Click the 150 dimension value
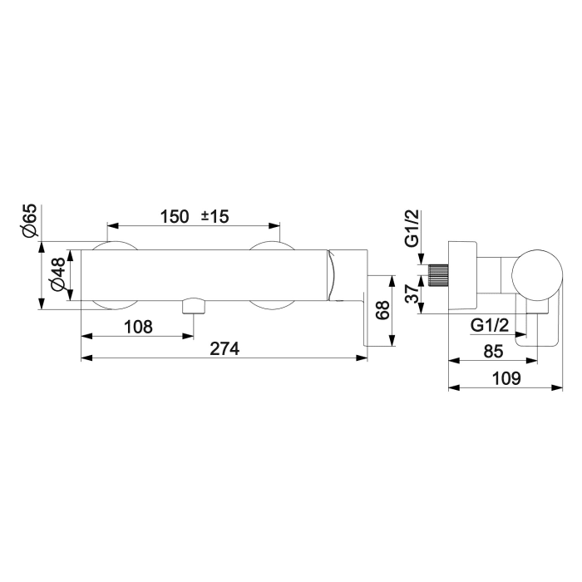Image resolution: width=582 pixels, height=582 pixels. [175, 216]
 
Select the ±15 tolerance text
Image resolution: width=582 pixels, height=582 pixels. [215, 216]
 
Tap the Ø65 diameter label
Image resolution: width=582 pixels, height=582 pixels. [30, 220]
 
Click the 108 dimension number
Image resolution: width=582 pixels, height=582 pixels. [138, 327]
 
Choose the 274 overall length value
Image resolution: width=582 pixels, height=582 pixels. [224, 349]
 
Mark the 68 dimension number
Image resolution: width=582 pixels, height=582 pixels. [382, 311]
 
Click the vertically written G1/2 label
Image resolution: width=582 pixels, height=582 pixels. [412, 229]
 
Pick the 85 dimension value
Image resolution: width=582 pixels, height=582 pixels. [492, 352]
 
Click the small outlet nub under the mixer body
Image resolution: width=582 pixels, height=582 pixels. [193, 304]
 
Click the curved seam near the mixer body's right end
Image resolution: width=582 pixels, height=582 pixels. [333, 274]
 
